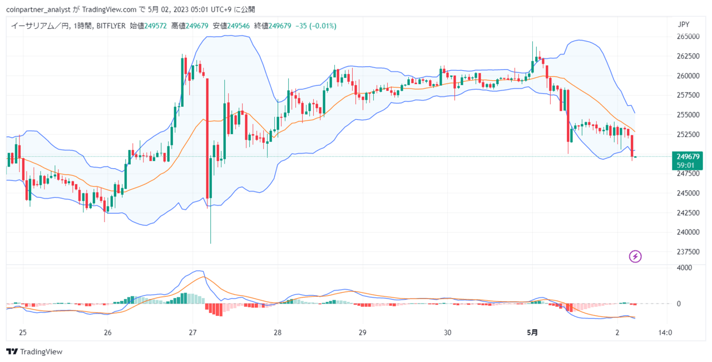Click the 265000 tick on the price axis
(688, 37)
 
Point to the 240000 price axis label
(688, 232)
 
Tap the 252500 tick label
(688, 134)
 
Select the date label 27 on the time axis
(192, 332)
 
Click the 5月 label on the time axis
(532, 332)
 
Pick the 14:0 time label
(665, 332)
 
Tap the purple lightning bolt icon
(635, 256)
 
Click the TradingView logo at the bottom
(34, 351)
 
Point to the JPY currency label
(684, 25)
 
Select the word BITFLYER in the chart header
(111, 26)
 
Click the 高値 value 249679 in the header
(197, 26)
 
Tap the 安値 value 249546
(239, 26)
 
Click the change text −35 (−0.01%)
(316, 26)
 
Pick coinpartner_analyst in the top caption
(38, 9)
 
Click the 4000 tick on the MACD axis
(684, 268)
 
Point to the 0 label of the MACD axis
(679, 304)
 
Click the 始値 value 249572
(156, 26)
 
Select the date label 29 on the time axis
(362, 332)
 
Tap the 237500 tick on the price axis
(688, 252)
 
